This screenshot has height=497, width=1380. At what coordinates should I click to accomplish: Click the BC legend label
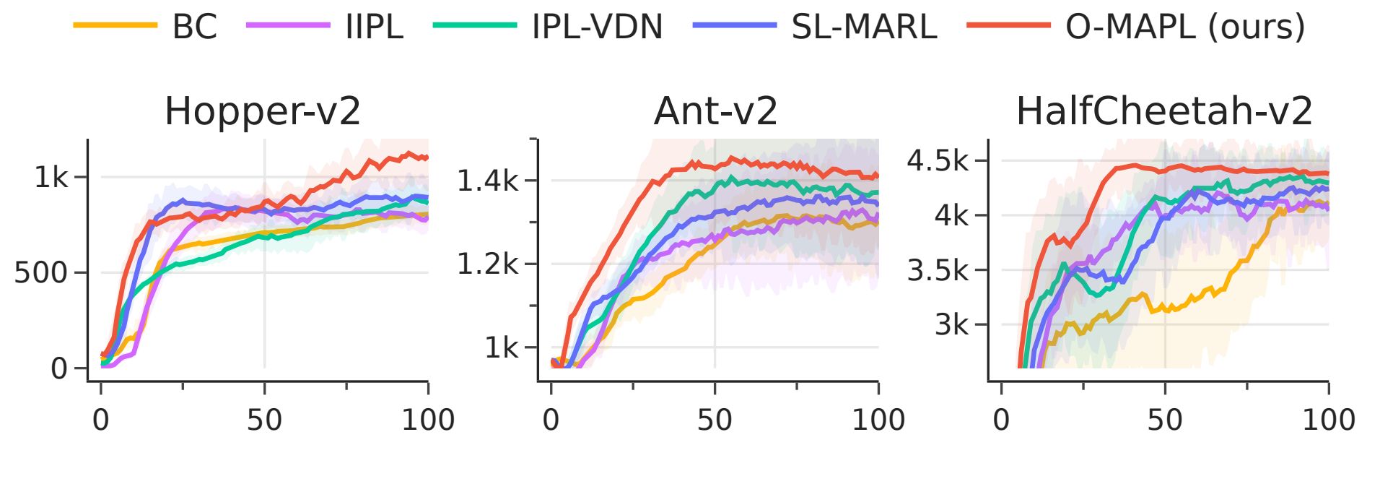click(194, 27)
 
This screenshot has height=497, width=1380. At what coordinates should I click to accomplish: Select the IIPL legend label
click(374, 27)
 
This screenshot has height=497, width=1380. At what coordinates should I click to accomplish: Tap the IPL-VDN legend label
click(597, 27)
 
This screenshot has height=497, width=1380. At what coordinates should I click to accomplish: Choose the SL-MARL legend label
click(864, 27)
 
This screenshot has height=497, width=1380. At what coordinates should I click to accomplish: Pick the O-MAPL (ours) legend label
click(1185, 27)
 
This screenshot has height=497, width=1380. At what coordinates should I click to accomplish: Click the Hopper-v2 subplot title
click(263, 111)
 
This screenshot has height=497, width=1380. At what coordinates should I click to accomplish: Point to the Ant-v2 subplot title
click(715, 111)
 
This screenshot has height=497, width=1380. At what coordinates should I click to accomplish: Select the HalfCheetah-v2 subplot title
click(1164, 111)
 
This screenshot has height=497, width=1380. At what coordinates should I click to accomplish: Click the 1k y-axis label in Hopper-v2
click(51, 177)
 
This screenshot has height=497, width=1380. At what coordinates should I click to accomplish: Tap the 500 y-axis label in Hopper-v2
click(41, 273)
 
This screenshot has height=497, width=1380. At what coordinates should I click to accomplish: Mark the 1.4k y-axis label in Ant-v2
click(488, 181)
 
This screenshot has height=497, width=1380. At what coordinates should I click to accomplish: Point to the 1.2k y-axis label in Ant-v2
click(488, 264)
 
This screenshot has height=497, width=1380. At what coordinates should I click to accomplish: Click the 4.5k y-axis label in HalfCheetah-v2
click(938, 160)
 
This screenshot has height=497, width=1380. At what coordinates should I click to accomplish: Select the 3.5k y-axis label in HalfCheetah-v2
click(938, 270)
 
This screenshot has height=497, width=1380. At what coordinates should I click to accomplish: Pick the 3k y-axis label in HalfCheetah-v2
click(952, 325)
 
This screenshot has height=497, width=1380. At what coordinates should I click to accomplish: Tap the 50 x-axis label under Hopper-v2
click(264, 420)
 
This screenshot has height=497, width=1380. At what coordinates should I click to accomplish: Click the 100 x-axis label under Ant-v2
click(878, 420)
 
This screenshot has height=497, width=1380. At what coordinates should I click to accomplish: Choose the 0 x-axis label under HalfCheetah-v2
click(1001, 420)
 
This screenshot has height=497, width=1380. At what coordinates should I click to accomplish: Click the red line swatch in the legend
click(1008, 25)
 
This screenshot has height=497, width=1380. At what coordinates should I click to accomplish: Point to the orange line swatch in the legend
click(115, 25)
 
